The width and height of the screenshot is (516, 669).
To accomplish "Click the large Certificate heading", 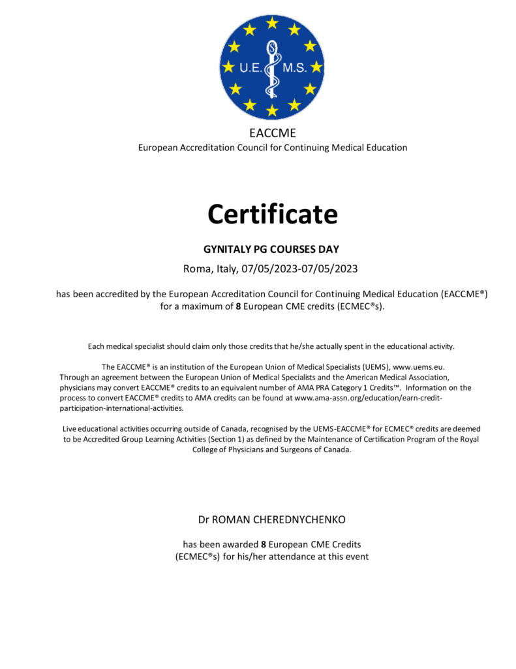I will point(272,214).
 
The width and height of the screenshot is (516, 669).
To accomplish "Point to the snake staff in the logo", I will point(272,65).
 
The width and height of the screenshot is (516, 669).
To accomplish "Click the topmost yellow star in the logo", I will point(272,23).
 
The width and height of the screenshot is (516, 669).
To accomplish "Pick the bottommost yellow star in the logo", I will point(272,110).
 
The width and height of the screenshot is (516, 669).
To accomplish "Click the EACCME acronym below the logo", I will point(272,133).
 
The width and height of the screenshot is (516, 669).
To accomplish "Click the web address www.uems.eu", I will point(418,367).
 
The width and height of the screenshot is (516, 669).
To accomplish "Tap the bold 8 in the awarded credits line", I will point(264,544).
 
